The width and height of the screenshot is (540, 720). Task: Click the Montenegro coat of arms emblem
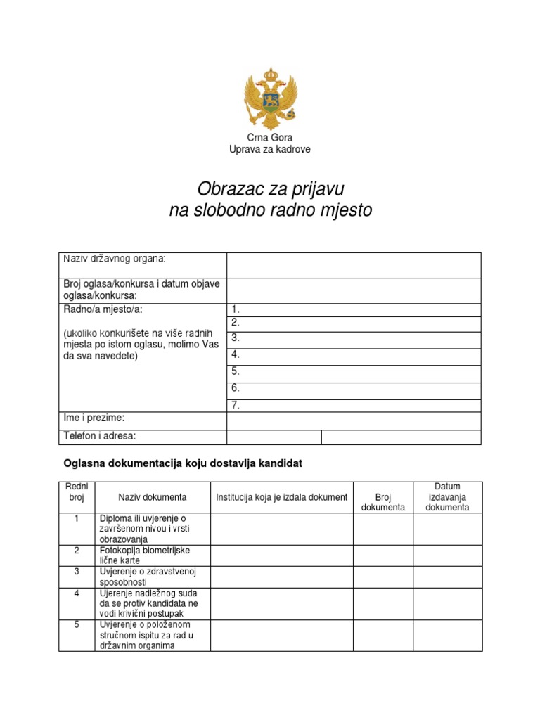click(269, 98)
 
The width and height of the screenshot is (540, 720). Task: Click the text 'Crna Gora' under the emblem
click(269, 138)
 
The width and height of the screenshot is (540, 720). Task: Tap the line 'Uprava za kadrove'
click(269, 150)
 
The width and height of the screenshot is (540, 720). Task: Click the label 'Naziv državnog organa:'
click(115, 259)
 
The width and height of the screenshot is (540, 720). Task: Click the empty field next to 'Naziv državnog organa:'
click(354, 265)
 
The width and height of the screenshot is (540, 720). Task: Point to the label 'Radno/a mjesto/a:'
click(107, 309)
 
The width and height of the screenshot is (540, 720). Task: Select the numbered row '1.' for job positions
click(354, 309)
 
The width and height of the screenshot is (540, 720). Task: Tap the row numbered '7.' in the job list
click(354, 405)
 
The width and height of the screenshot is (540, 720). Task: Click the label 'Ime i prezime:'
click(94, 418)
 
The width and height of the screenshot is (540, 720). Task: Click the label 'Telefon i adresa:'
click(100, 436)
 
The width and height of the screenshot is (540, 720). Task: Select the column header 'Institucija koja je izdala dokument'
click(282, 497)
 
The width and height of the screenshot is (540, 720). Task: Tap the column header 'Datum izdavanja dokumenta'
click(447, 496)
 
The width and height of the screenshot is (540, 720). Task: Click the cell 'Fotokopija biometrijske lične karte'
click(144, 555)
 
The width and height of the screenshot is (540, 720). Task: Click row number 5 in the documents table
click(76, 624)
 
